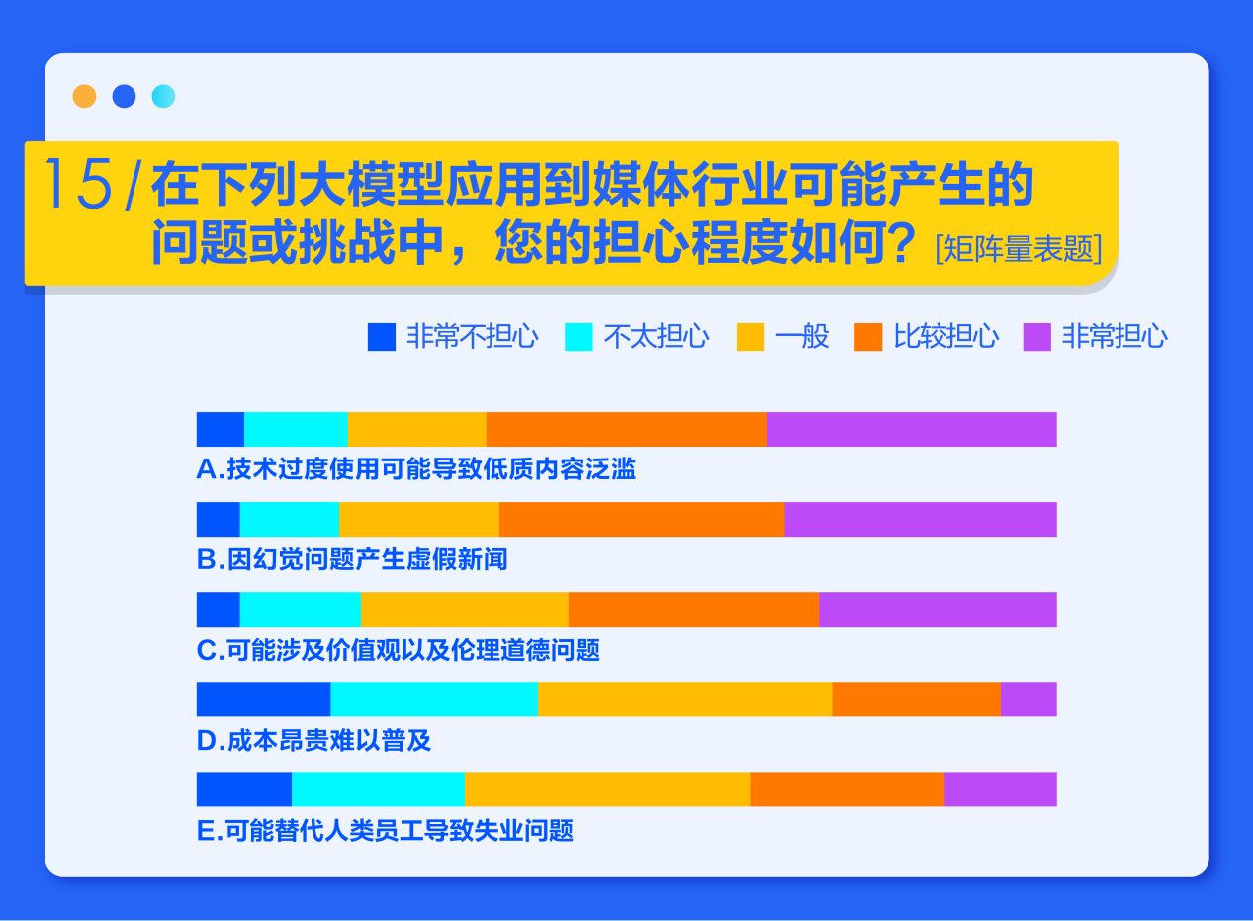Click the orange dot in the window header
pyautogui.click(x=84, y=96)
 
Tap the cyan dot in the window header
pyautogui.click(x=163, y=96)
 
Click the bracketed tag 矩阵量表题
pyautogui.click(x=1019, y=249)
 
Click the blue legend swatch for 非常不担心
pyautogui.click(x=382, y=337)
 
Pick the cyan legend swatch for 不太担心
pyautogui.click(x=579, y=337)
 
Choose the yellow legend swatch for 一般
pyautogui.click(x=751, y=337)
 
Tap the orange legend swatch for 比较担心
pyautogui.click(x=868, y=337)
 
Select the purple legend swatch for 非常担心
pyautogui.click(x=1037, y=337)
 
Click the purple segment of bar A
pyautogui.click(x=912, y=429)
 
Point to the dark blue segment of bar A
pyautogui.click(x=221, y=429)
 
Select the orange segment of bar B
pyautogui.click(x=642, y=519)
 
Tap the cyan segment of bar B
pyautogui.click(x=290, y=519)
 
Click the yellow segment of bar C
pyautogui.click(x=465, y=609)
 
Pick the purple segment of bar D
pyautogui.click(x=1029, y=699)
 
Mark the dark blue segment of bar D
pyautogui.click(x=263, y=699)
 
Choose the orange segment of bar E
pyautogui.click(x=847, y=790)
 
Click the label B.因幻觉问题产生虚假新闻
pyautogui.click(x=352, y=559)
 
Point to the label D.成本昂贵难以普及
pyautogui.click(x=313, y=741)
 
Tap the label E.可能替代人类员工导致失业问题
pyautogui.click(x=385, y=831)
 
